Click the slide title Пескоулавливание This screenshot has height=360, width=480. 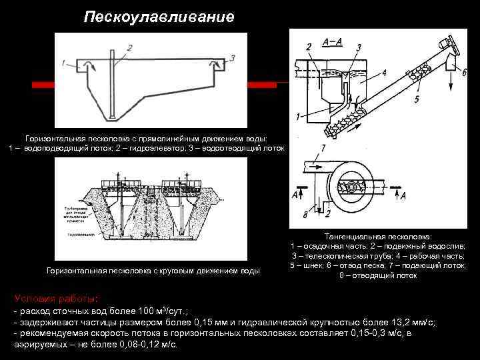tap(159, 17)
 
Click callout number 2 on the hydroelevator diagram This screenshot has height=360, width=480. tap(129, 47)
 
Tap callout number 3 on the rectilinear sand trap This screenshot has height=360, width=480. tap(232, 58)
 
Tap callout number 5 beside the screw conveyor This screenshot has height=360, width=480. tap(417, 99)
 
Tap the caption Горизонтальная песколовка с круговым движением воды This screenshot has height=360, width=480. tap(153, 271)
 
